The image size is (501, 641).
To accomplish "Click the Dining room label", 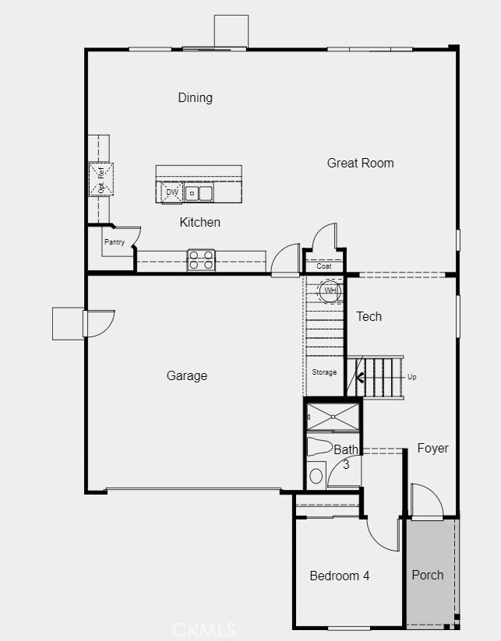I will tap(195, 97).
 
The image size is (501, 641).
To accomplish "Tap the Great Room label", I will tap(360, 163).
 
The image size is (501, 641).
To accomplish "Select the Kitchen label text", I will tap(199, 222).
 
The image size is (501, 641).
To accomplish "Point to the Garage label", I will tap(187, 375).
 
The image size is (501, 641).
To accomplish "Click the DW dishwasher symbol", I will tap(171, 192).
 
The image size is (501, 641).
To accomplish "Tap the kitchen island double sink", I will tap(199, 192).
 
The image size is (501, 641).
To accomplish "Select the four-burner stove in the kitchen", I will tap(201, 259).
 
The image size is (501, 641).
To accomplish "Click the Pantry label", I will tap(114, 242).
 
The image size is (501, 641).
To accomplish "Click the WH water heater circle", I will tap(330, 291).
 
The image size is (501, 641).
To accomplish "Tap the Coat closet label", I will tap(324, 266).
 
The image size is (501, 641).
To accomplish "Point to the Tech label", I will tap(369, 315).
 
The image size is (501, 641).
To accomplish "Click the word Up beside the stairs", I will tap(412, 377).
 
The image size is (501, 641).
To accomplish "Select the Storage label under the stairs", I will tap(324, 372).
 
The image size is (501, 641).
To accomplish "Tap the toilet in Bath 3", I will tap(319, 446).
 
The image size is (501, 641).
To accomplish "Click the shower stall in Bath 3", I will tap(333, 416).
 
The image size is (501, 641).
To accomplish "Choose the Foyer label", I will tap(432, 448).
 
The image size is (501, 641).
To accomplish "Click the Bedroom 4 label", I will tap(339, 576).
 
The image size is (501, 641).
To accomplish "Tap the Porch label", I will tap(428, 575).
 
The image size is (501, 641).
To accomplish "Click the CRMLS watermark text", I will tap(204, 628).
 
